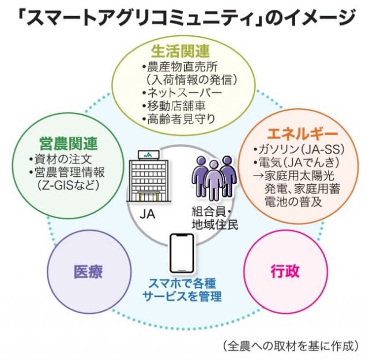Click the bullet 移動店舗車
click(176, 106)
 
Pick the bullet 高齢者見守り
click(180, 120)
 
